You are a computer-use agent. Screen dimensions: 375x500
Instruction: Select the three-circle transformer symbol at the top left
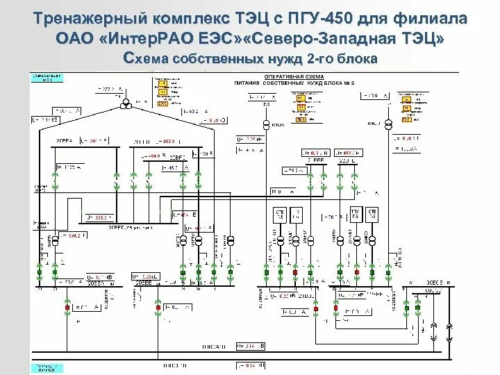(x=127, y=102)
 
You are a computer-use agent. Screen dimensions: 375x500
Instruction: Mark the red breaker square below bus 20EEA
(x=67, y=306)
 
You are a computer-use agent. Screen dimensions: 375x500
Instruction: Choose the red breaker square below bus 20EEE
(x=158, y=306)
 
